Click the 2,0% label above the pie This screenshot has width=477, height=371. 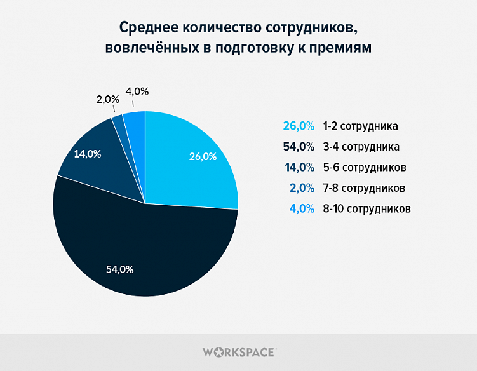[108, 99]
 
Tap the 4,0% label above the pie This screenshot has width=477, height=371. [137, 91]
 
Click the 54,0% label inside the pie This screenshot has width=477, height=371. [119, 269]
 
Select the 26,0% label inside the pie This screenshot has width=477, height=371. [203, 156]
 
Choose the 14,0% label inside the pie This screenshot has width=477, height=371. [88, 154]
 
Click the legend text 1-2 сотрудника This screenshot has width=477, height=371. [360, 126]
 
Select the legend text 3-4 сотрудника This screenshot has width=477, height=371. [361, 147]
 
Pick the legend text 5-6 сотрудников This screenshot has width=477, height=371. [364, 167]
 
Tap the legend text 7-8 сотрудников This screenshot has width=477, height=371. [364, 188]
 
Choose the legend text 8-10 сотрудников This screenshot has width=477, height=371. [366, 208]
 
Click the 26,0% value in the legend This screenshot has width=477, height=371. [299, 126]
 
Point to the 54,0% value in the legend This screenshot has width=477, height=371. [299, 147]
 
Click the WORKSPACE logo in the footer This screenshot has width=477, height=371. [238, 351]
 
